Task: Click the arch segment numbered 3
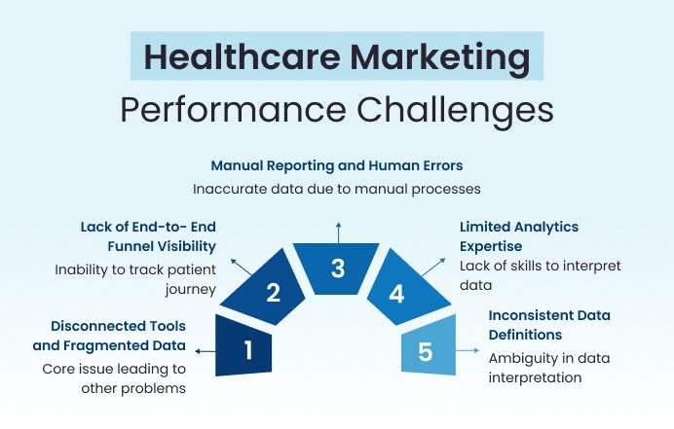click(338, 268)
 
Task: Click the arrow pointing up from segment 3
click(338, 230)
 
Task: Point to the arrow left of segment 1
click(204, 350)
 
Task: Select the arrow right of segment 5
click(472, 350)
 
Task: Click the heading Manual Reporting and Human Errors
click(337, 165)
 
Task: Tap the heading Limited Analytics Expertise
click(519, 235)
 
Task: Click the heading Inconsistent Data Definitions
click(550, 325)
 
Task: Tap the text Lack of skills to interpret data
click(540, 275)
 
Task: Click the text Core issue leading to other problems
click(114, 378)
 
